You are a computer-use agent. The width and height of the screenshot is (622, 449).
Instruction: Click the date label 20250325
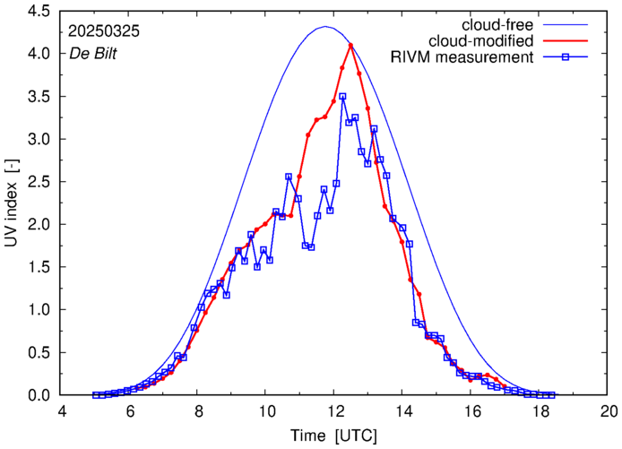104,30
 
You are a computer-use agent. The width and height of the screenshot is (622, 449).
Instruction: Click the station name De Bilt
92,53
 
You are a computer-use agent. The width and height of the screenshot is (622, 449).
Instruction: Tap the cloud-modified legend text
482,40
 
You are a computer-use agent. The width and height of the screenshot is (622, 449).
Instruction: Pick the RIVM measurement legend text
462,58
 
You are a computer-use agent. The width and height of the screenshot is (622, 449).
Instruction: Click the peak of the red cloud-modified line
350,45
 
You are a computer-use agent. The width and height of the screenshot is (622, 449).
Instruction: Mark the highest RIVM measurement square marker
342,96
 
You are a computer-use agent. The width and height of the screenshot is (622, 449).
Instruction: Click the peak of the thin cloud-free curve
325,27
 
